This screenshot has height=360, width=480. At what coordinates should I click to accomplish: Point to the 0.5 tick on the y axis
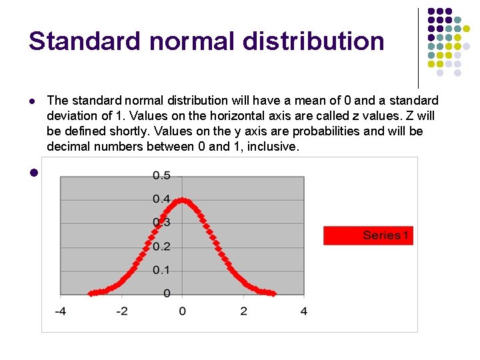[161, 175]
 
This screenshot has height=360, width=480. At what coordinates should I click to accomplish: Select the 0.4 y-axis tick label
[161, 199]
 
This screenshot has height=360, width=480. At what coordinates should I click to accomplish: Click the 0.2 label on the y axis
[161, 247]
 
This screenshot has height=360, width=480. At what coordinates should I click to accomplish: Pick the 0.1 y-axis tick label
[161, 270]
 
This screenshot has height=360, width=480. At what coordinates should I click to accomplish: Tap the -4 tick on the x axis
[59, 311]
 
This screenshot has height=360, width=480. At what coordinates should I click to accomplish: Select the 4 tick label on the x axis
[304, 311]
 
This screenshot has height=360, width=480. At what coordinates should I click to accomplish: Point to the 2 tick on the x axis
[243, 311]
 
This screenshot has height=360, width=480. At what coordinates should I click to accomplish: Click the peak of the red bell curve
[183, 199]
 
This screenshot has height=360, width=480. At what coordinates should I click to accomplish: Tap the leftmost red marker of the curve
[91, 293]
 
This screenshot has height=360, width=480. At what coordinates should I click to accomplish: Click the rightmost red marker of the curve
[273, 293]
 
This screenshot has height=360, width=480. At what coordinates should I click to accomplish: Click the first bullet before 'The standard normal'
[31, 101]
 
